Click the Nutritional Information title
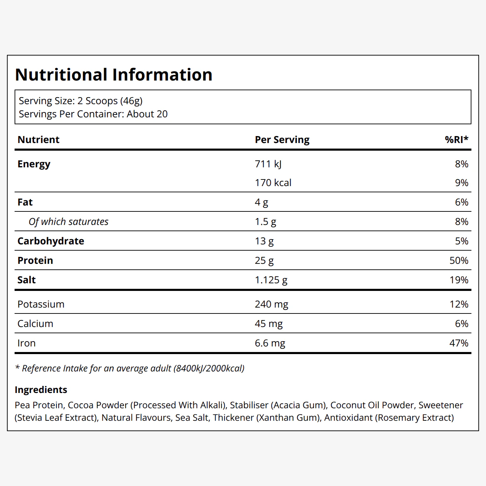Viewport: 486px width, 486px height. click(114, 75)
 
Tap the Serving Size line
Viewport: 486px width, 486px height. click(81, 101)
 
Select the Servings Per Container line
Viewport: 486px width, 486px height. click(93, 114)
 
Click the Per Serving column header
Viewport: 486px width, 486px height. click(282, 140)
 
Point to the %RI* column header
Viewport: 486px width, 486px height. click(456, 140)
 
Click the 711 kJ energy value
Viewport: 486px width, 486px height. click(268, 164)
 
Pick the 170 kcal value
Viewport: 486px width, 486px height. click(273, 183)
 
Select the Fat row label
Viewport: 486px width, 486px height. click(25, 202)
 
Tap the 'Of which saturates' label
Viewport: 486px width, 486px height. click(68, 222)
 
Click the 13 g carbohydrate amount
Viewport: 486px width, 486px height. click(264, 241)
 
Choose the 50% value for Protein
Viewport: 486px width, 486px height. click(459, 260)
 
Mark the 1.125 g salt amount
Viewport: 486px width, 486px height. click(271, 280)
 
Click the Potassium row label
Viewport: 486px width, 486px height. click(41, 304)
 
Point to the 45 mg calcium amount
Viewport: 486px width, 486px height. click(269, 324)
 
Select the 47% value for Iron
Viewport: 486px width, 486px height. click(459, 343)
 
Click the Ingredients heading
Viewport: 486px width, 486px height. click(41, 390)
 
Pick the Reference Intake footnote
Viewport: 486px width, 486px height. click(130, 368)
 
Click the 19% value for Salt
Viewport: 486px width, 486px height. click(459, 280)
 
